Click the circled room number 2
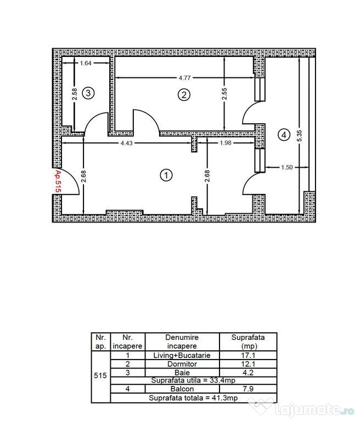[184, 95]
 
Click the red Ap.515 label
[57, 180]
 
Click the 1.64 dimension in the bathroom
[86, 64]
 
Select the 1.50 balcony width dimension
[286, 167]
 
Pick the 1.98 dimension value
[226, 143]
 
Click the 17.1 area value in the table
[248, 355]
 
